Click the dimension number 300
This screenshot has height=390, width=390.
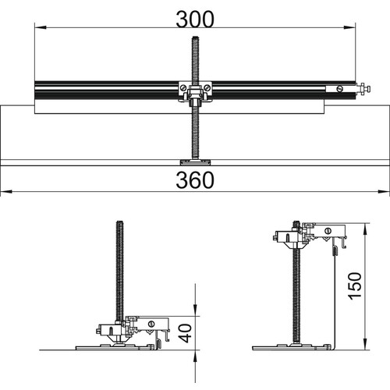195,19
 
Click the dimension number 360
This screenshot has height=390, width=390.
195,180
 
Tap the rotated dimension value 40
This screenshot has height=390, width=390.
186,333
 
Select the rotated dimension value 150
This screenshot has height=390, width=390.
355,286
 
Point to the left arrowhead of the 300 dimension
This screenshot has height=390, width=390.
41,27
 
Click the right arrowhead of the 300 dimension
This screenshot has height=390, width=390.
349,27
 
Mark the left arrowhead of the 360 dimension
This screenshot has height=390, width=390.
6,192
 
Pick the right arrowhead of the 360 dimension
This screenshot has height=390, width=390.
384,192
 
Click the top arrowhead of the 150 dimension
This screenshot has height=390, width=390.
366,229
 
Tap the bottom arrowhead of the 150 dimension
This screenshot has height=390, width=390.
366,344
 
